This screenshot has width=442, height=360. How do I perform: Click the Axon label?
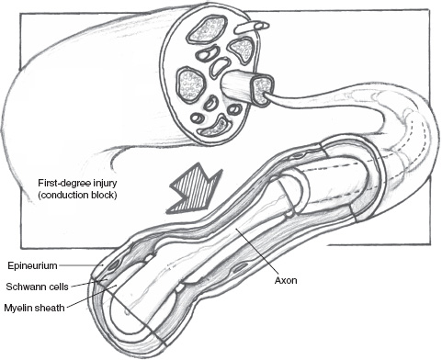(286, 280)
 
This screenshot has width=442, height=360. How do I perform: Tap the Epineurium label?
(32, 265)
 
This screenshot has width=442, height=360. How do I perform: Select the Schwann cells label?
(37, 287)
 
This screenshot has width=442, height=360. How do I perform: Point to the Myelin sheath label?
(34, 308)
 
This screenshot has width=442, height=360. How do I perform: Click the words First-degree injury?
(77, 184)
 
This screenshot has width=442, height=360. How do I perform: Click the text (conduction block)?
(77, 196)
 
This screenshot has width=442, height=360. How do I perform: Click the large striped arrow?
(195, 188)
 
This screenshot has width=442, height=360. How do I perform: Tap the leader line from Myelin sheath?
(91, 296)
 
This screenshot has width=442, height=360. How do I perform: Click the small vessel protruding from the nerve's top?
(252, 28)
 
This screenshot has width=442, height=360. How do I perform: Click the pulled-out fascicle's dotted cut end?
(263, 90)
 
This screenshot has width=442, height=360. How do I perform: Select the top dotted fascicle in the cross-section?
(208, 28)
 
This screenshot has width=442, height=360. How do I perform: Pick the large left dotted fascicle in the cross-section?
(191, 84)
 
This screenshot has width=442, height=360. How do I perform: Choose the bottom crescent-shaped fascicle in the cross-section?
(216, 127)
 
